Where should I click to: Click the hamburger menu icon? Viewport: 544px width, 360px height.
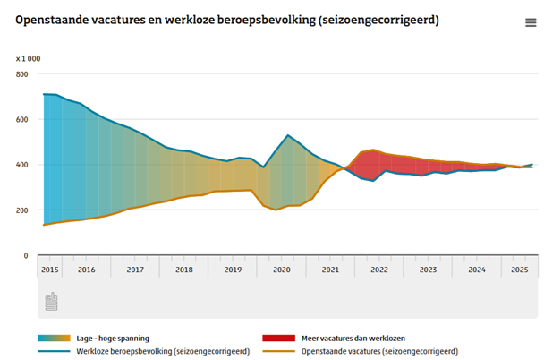point(531,23)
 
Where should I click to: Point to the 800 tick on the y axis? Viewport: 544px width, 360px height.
point(22,73)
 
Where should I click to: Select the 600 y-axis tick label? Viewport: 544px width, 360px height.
point(22,119)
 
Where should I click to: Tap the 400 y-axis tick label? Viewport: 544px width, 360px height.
point(22,165)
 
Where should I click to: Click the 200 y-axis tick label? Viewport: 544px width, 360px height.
point(22,210)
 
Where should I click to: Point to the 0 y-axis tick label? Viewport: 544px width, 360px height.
point(26,256)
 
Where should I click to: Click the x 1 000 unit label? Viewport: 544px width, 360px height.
point(28,58)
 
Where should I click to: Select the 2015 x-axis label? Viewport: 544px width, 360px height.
point(50,269)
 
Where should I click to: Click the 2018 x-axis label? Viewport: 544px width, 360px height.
point(184,269)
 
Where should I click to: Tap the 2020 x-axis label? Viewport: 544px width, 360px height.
point(282,269)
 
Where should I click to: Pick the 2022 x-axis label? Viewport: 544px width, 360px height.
point(379,269)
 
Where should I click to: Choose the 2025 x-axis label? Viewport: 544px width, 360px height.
point(520,269)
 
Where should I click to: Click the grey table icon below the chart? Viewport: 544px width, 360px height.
point(50,302)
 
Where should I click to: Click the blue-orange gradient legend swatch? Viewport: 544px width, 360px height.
point(55,338)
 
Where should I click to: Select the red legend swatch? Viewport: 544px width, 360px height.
point(278,338)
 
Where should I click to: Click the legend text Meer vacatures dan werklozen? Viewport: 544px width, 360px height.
point(353,338)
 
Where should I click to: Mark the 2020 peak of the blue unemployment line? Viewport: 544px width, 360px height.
point(287,135)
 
